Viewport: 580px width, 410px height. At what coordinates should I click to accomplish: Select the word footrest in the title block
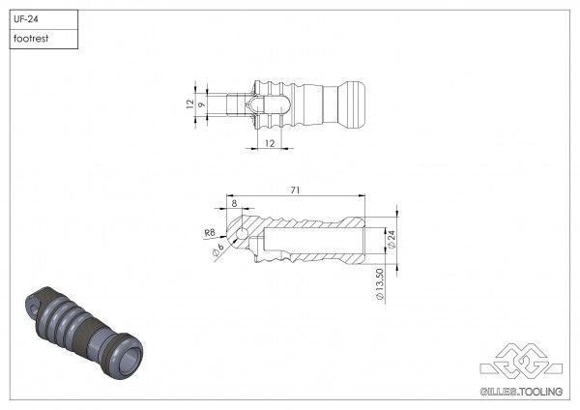(33, 39)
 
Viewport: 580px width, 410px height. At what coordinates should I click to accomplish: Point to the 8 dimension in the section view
(233, 204)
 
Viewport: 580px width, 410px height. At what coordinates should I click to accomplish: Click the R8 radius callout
(210, 233)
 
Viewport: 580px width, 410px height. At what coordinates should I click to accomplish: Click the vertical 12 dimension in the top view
(190, 102)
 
